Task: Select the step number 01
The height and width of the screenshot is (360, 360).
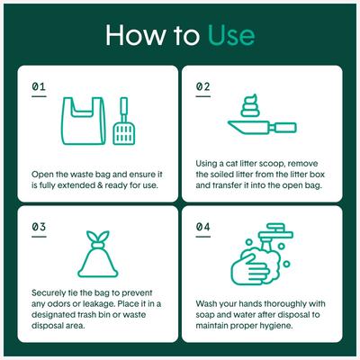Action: (38, 87)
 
